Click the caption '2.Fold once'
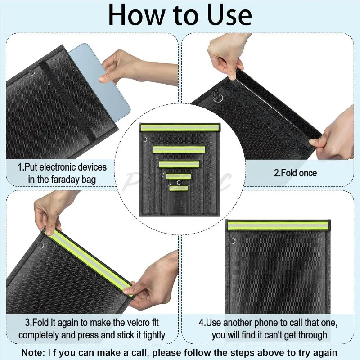point(296,173)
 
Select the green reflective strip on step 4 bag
point(278,226)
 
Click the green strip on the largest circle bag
point(180,128)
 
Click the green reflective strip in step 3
point(90,261)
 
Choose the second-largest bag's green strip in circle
point(179,149)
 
